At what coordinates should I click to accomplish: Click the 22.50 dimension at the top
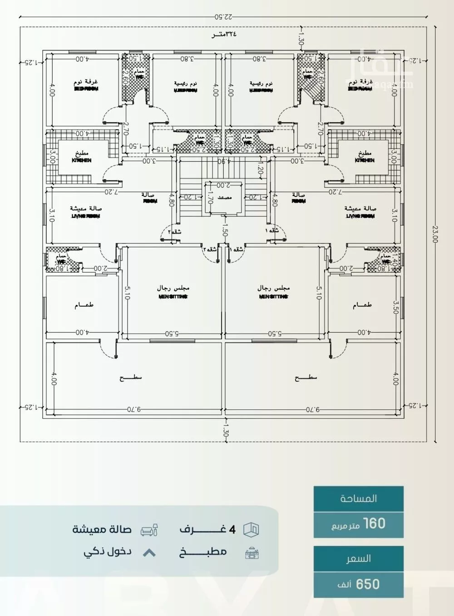click(223, 17)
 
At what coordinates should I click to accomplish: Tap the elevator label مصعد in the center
click(225, 197)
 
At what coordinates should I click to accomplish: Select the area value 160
click(374, 523)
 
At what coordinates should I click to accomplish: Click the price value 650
click(368, 584)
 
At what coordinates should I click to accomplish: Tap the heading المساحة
click(359, 499)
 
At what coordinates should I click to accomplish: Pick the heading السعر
click(359, 558)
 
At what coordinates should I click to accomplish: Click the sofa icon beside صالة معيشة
click(149, 530)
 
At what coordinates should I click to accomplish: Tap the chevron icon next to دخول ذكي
click(149, 553)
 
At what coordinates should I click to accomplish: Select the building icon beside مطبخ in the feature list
click(252, 553)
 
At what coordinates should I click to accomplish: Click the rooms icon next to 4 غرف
click(251, 529)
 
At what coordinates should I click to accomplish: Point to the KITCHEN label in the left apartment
click(82, 161)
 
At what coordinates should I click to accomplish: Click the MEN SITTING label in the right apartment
click(273, 297)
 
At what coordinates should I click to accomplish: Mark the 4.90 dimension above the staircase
click(223, 161)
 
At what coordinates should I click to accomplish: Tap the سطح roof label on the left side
click(131, 377)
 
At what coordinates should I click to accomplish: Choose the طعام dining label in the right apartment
click(362, 305)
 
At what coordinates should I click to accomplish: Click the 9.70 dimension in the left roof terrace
click(134, 409)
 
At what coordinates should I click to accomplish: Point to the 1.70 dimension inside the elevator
click(210, 197)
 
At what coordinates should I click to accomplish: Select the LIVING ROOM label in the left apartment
click(86, 216)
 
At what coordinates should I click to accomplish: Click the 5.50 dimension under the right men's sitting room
click(275, 333)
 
